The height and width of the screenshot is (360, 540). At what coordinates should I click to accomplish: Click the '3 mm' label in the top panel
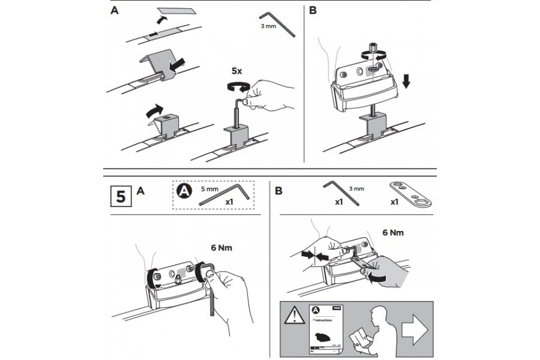click(268, 27)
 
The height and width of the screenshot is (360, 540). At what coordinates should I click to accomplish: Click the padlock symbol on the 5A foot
click(178, 277)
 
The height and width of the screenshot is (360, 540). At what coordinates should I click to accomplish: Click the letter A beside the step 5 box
click(140, 191)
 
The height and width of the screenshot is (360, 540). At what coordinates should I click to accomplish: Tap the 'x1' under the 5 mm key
click(229, 203)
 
